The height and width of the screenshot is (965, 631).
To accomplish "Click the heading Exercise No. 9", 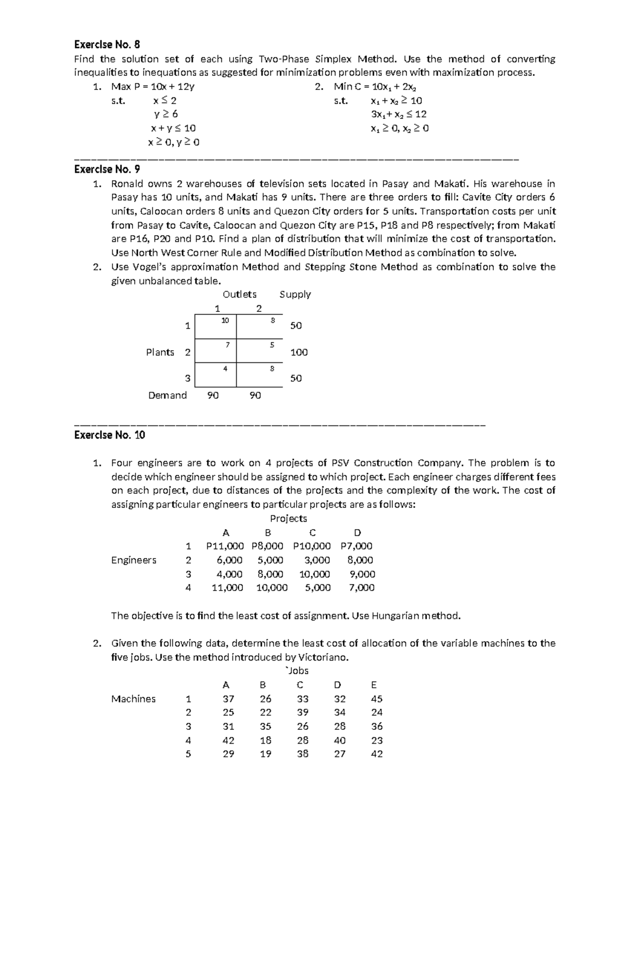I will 107,169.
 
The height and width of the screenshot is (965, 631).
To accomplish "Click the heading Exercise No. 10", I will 109,435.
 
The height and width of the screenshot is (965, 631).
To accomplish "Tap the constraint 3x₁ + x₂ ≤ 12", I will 399,114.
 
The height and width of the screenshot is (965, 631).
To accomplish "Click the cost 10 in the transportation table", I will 225,320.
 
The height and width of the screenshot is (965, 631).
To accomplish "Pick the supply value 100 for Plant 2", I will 299,352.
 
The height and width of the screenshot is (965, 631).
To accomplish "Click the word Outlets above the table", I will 240,294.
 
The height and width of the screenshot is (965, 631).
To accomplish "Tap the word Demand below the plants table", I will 167,395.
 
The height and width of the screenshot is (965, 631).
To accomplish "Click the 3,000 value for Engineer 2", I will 318,560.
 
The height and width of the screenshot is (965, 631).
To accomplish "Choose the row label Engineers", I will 134,560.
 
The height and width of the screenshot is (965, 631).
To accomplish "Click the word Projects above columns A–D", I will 288,519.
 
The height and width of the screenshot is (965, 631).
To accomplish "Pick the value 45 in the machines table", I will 376,699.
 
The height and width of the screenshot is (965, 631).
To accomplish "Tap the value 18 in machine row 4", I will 266,740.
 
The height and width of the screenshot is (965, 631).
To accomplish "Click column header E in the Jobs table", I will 374,685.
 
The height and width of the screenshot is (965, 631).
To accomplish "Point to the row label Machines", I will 134,699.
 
